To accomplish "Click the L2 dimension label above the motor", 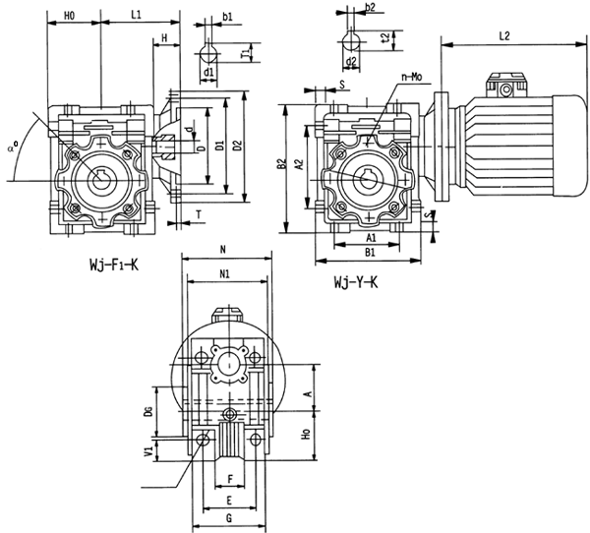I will (503, 35).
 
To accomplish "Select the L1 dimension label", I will (137, 16).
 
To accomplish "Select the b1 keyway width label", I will (227, 17).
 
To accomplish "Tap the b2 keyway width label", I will (369, 8).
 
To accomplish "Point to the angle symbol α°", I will (11, 148).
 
